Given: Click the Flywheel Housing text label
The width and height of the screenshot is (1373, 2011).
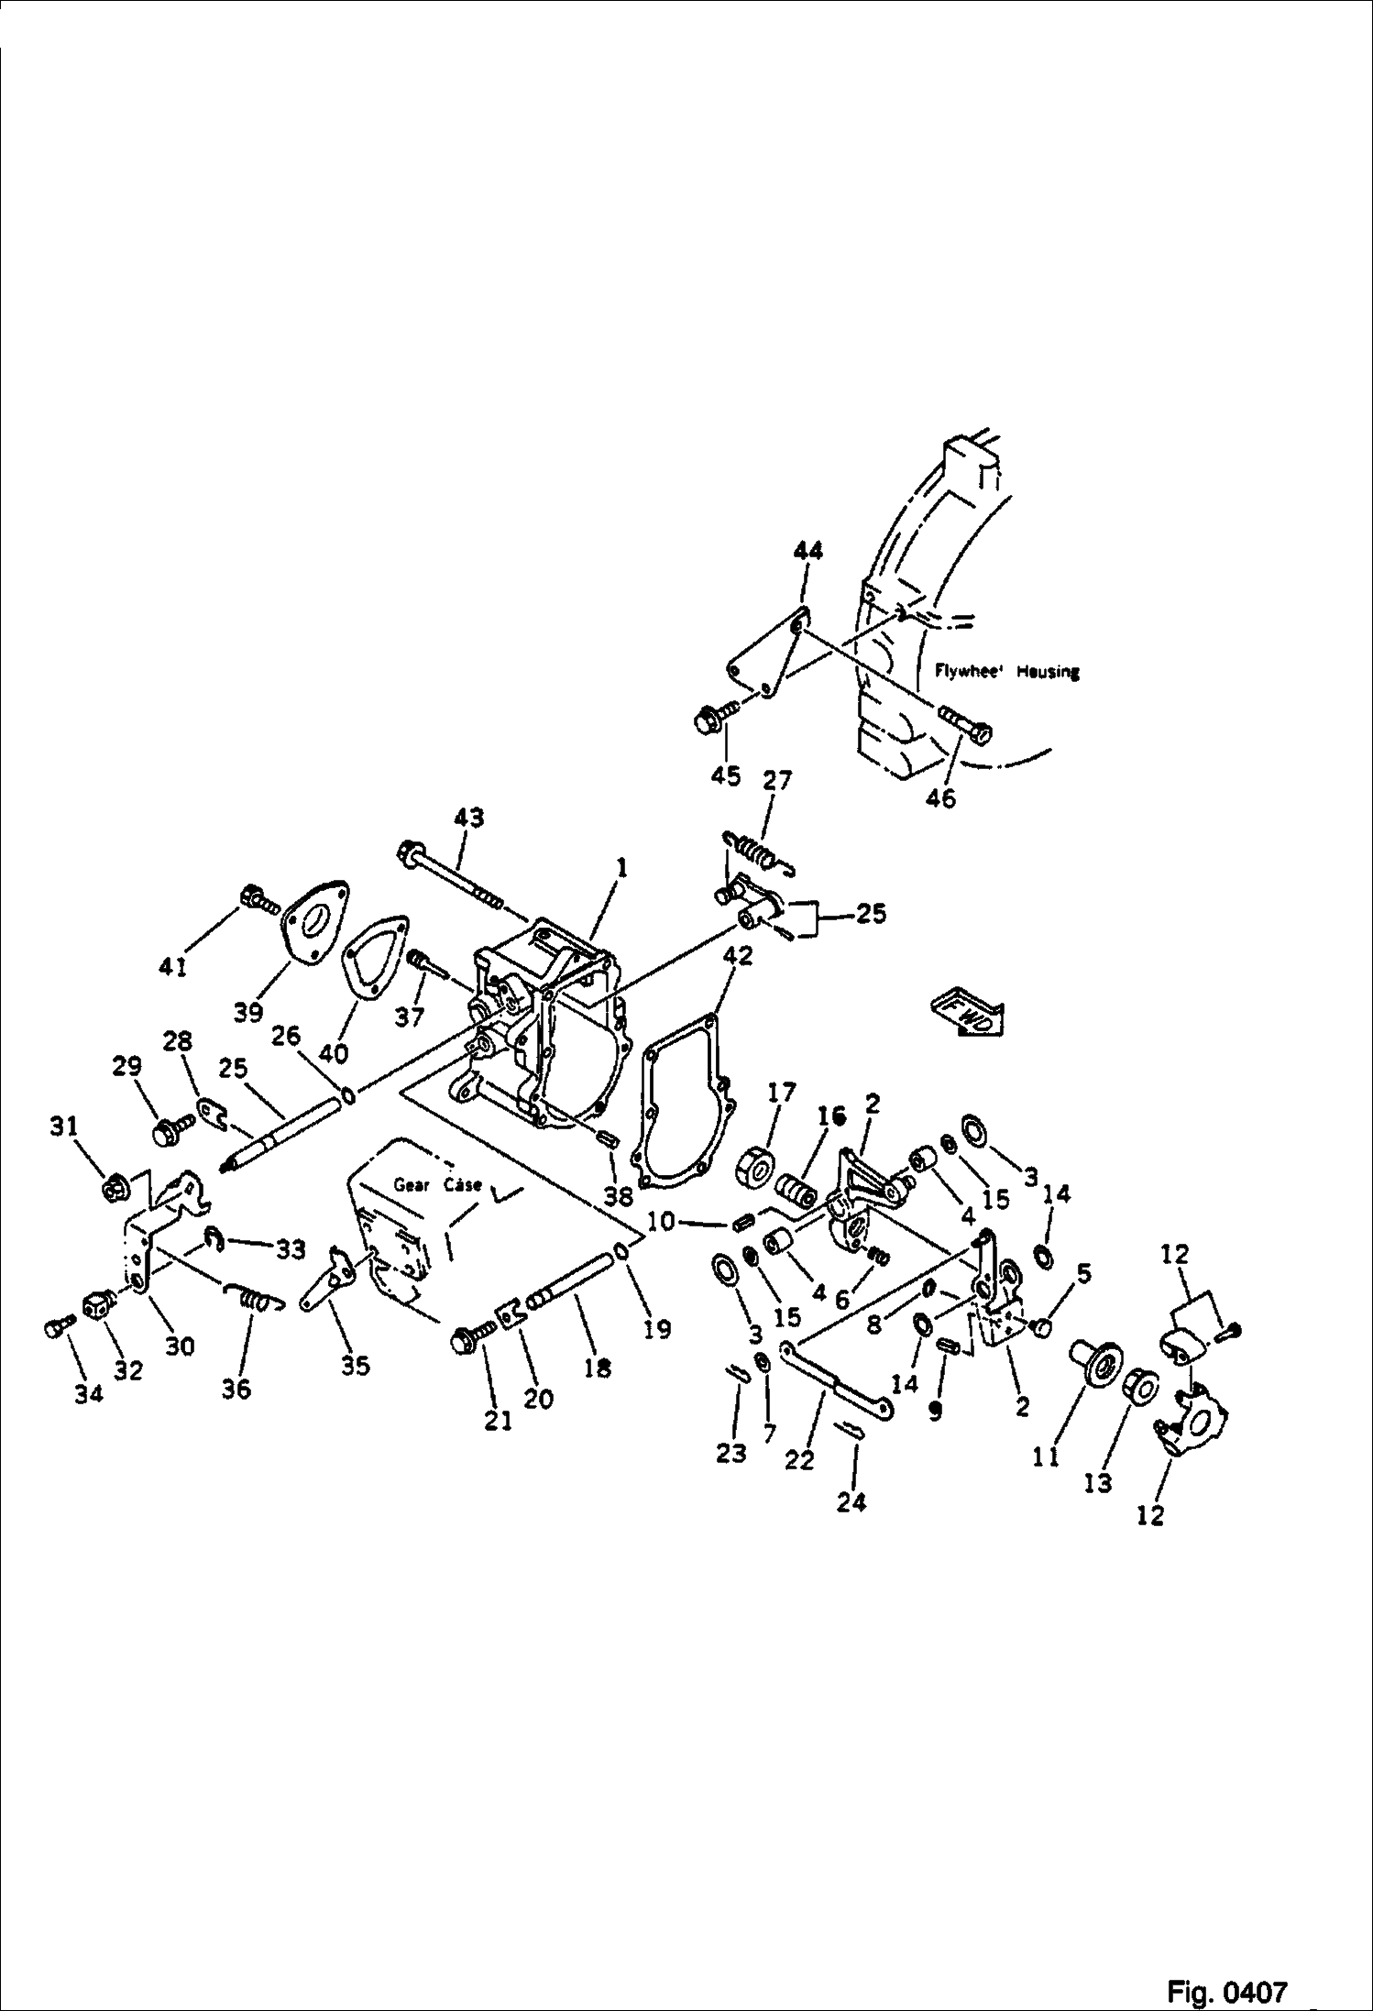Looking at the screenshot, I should click(x=1006, y=671).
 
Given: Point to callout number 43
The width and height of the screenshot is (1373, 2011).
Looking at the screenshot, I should click(x=468, y=818).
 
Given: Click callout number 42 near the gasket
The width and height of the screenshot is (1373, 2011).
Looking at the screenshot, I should click(x=737, y=955).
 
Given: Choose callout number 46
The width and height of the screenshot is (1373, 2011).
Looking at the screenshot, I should click(x=940, y=798).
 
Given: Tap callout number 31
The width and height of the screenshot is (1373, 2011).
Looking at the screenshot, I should click(x=63, y=1126).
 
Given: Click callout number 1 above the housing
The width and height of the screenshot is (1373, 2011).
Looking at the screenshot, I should click(x=621, y=867).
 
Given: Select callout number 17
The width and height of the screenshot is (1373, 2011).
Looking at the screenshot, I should click(x=782, y=1093).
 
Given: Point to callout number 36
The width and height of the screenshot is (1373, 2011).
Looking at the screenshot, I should click(x=236, y=1390).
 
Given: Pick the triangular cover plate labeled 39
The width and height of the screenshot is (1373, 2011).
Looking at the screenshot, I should click(x=314, y=920).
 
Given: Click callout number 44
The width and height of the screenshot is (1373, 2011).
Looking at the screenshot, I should click(x=807, y=551).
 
